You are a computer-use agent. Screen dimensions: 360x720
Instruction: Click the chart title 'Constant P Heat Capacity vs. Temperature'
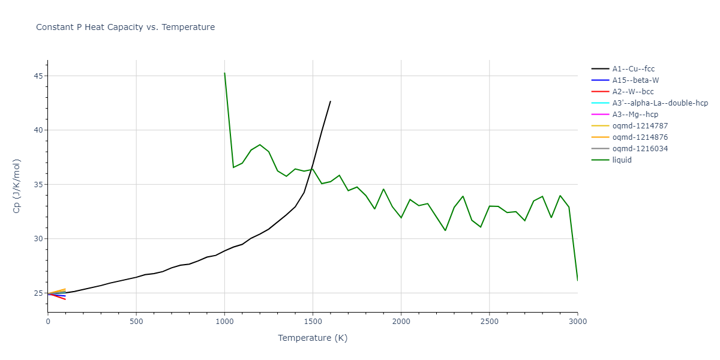pyautogui.click(x=125, y=27)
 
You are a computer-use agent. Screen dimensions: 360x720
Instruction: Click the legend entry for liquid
pyautogui.click(x=622, y=160)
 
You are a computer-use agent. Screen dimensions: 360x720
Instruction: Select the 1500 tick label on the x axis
pyautogui.click(x=313, y=322)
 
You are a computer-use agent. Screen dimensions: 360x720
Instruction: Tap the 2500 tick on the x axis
pyautogui.click(x=489, y=322)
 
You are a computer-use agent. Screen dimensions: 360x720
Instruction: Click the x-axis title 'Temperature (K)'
pyautogui.click(x=313, y=338)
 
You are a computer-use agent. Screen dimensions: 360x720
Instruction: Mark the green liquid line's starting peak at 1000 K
pyautogui.click(x=224, y=73)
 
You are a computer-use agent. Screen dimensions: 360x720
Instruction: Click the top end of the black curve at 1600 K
pyautogui.click(x=330, y=101)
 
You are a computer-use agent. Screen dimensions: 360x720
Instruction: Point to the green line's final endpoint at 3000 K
pyautogui.click(x=577, y=280)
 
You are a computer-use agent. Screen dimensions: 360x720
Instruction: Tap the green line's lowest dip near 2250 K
pyautogui.click(x=445, y=230)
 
